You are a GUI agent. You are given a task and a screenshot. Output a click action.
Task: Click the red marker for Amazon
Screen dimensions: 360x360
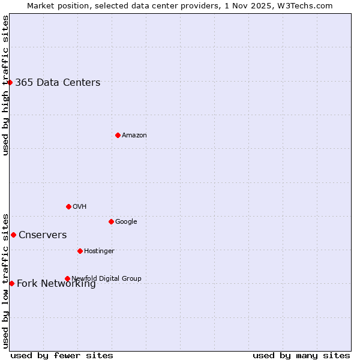pos(118,135)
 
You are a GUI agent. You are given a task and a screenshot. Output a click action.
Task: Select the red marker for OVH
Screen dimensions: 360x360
pos(68,206)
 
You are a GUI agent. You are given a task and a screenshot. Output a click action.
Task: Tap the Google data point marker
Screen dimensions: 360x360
pos(111,221)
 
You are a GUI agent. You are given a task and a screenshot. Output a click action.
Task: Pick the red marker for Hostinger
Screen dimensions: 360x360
pos(80,251)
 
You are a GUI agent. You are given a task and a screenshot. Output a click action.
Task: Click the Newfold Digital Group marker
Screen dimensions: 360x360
pos(67,278)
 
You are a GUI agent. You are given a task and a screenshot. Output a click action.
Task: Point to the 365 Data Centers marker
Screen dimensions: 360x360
pos(10,82)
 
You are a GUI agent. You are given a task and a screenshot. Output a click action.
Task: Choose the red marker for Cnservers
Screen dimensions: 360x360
pos(13,235)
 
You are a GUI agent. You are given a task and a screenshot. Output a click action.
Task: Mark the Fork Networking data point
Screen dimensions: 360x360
pos(11,283)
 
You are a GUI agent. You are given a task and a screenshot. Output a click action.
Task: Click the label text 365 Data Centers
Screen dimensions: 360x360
pos(58,83)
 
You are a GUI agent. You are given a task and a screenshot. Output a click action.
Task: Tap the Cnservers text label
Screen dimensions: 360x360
pos(43,235)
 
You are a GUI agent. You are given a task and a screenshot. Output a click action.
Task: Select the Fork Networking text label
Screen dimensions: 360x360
pos(56,284)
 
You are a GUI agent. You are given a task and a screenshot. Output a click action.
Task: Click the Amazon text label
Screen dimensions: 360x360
pos(134,136)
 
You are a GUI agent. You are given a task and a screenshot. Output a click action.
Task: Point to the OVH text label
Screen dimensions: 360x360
pos(80,207)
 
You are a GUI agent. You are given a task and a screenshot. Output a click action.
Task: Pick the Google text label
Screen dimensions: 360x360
pos(126,222)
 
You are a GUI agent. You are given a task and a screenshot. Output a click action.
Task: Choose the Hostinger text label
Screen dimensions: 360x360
pos(99,251)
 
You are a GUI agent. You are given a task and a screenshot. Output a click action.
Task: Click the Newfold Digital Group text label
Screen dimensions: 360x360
pos(106,278)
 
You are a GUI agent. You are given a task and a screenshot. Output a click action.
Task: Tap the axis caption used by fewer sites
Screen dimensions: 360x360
pos(62,355)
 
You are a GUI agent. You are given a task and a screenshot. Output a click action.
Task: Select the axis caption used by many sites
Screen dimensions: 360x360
pos(301,355)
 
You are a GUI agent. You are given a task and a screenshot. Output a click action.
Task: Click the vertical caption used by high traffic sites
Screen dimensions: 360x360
pos(5,85)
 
